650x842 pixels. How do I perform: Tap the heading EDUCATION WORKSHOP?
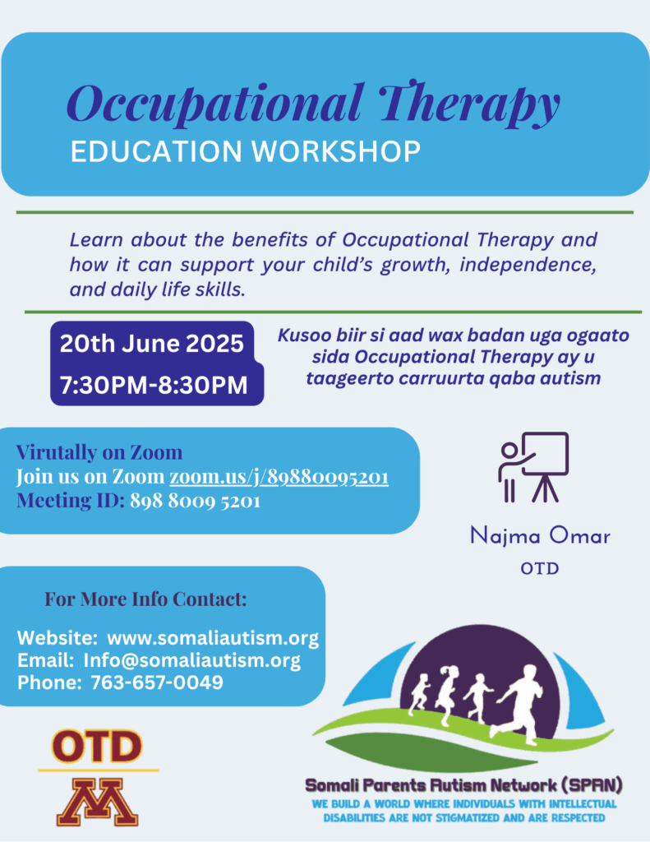pyautogui.click(x=246, y=151)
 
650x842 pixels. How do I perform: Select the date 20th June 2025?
pyautogui.click(x=152, y=344)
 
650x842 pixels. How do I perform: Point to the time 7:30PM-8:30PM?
pyautogui.click(x=154, y=386)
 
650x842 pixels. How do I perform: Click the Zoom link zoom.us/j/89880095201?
pyautogui.click(x=279, y=476)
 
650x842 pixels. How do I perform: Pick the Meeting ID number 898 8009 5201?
pyautogui.click(x=195, y=501)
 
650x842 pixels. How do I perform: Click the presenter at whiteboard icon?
pyautogui.click(x=533, y=467)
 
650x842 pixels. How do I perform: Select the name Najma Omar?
pyautogui.click(x=540, y=536)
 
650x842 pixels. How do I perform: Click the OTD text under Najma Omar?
pyautogui.click(x=540, y=569)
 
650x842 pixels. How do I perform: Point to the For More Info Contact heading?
pyautogui.click(x=145, y=599)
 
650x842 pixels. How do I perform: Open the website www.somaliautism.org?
pyautogui.click(x=213, y=638)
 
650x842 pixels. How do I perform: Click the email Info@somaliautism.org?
pyautogui.click(x=191, y=660)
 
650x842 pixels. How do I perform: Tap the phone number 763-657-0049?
pyautogui.click(x=157, y=682)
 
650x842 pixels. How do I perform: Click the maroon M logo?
pyautogui.click(x=97, y=802)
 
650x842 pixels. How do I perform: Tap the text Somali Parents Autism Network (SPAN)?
pyautogui.click(x=463, y=785)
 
